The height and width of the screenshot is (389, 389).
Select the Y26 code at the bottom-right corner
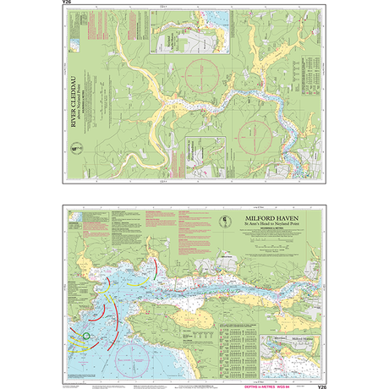(321, 386)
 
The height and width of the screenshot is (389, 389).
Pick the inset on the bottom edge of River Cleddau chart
(200, 158)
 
